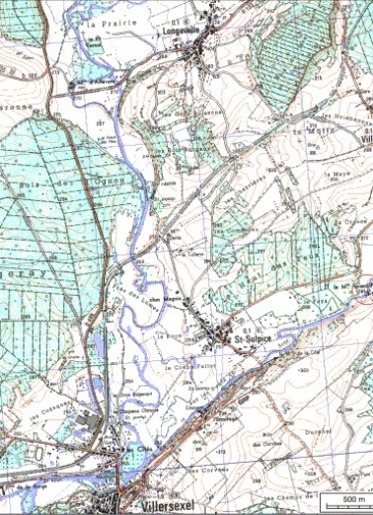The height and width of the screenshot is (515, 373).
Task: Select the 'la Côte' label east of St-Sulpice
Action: coord(288,351)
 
